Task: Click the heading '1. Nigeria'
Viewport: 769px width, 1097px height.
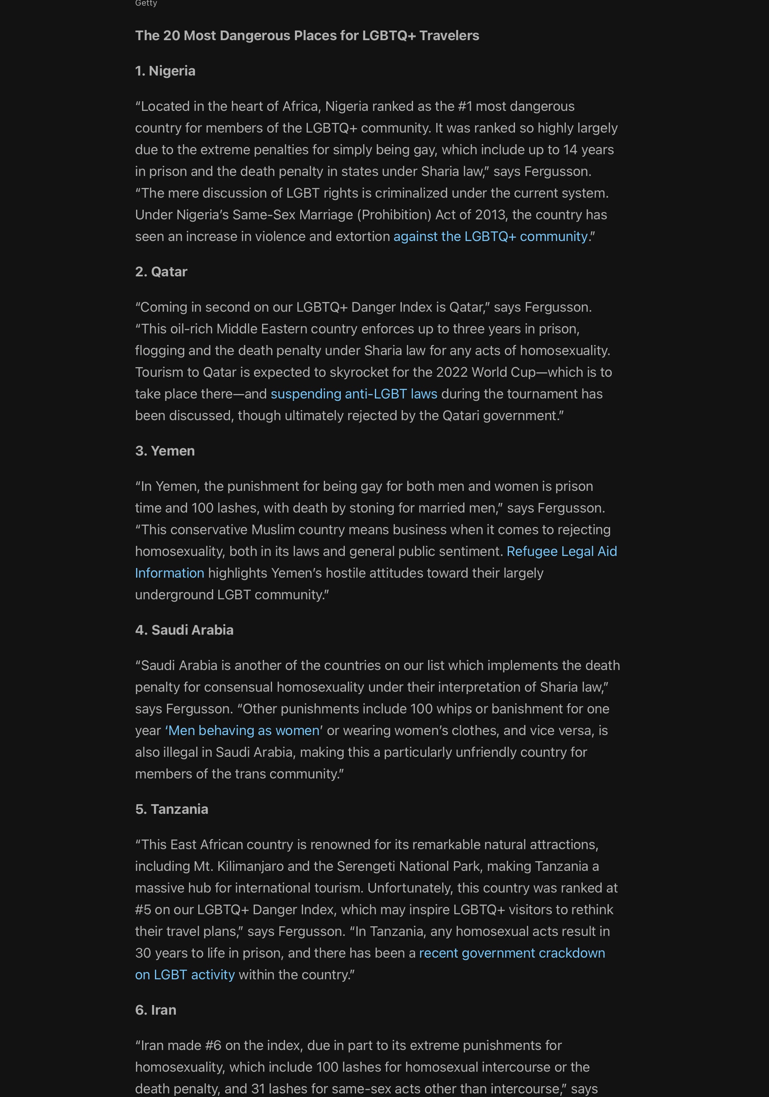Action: [165, 71]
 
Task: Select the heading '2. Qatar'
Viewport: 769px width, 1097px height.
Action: [161, 272]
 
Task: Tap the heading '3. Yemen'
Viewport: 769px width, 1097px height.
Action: [165, 451]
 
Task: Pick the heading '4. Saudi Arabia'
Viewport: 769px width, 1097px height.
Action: [184, 630]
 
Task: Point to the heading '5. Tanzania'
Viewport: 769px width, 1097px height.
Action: [171, 809]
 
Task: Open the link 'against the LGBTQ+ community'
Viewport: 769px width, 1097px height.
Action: [490, 236]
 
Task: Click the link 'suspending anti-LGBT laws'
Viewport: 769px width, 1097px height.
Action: [354, 394]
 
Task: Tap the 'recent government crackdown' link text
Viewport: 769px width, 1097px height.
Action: [512, 953]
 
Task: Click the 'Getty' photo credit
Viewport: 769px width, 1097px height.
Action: [146, 3]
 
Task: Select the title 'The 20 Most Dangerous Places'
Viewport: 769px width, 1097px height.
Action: [307, 35]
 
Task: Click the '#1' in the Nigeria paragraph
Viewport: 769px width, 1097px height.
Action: [464, 106]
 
